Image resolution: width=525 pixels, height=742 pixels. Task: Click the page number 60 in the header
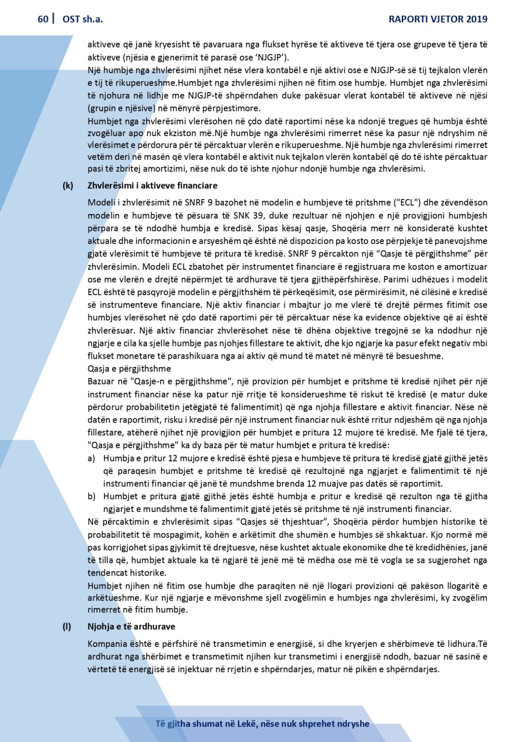coord(43,19)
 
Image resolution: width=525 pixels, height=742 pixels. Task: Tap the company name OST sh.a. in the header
coord(83,19)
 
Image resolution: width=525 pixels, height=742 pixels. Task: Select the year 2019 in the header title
coord(477,19)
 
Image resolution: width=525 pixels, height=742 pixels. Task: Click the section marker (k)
coord(68,185)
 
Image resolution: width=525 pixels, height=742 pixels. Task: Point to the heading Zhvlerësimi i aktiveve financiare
coord(152,185)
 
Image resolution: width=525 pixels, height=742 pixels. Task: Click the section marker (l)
coord(67,626)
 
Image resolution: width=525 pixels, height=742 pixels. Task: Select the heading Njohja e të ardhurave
coord(131,626)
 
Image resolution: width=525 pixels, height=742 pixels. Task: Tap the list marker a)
coord(91,458)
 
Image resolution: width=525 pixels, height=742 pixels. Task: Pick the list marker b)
coord(91,496)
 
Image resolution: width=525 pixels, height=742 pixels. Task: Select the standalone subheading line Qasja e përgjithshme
coord(129,369)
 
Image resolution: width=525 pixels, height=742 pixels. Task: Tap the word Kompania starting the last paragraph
coord(107,644)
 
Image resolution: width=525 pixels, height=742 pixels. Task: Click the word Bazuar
coord(101,381)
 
